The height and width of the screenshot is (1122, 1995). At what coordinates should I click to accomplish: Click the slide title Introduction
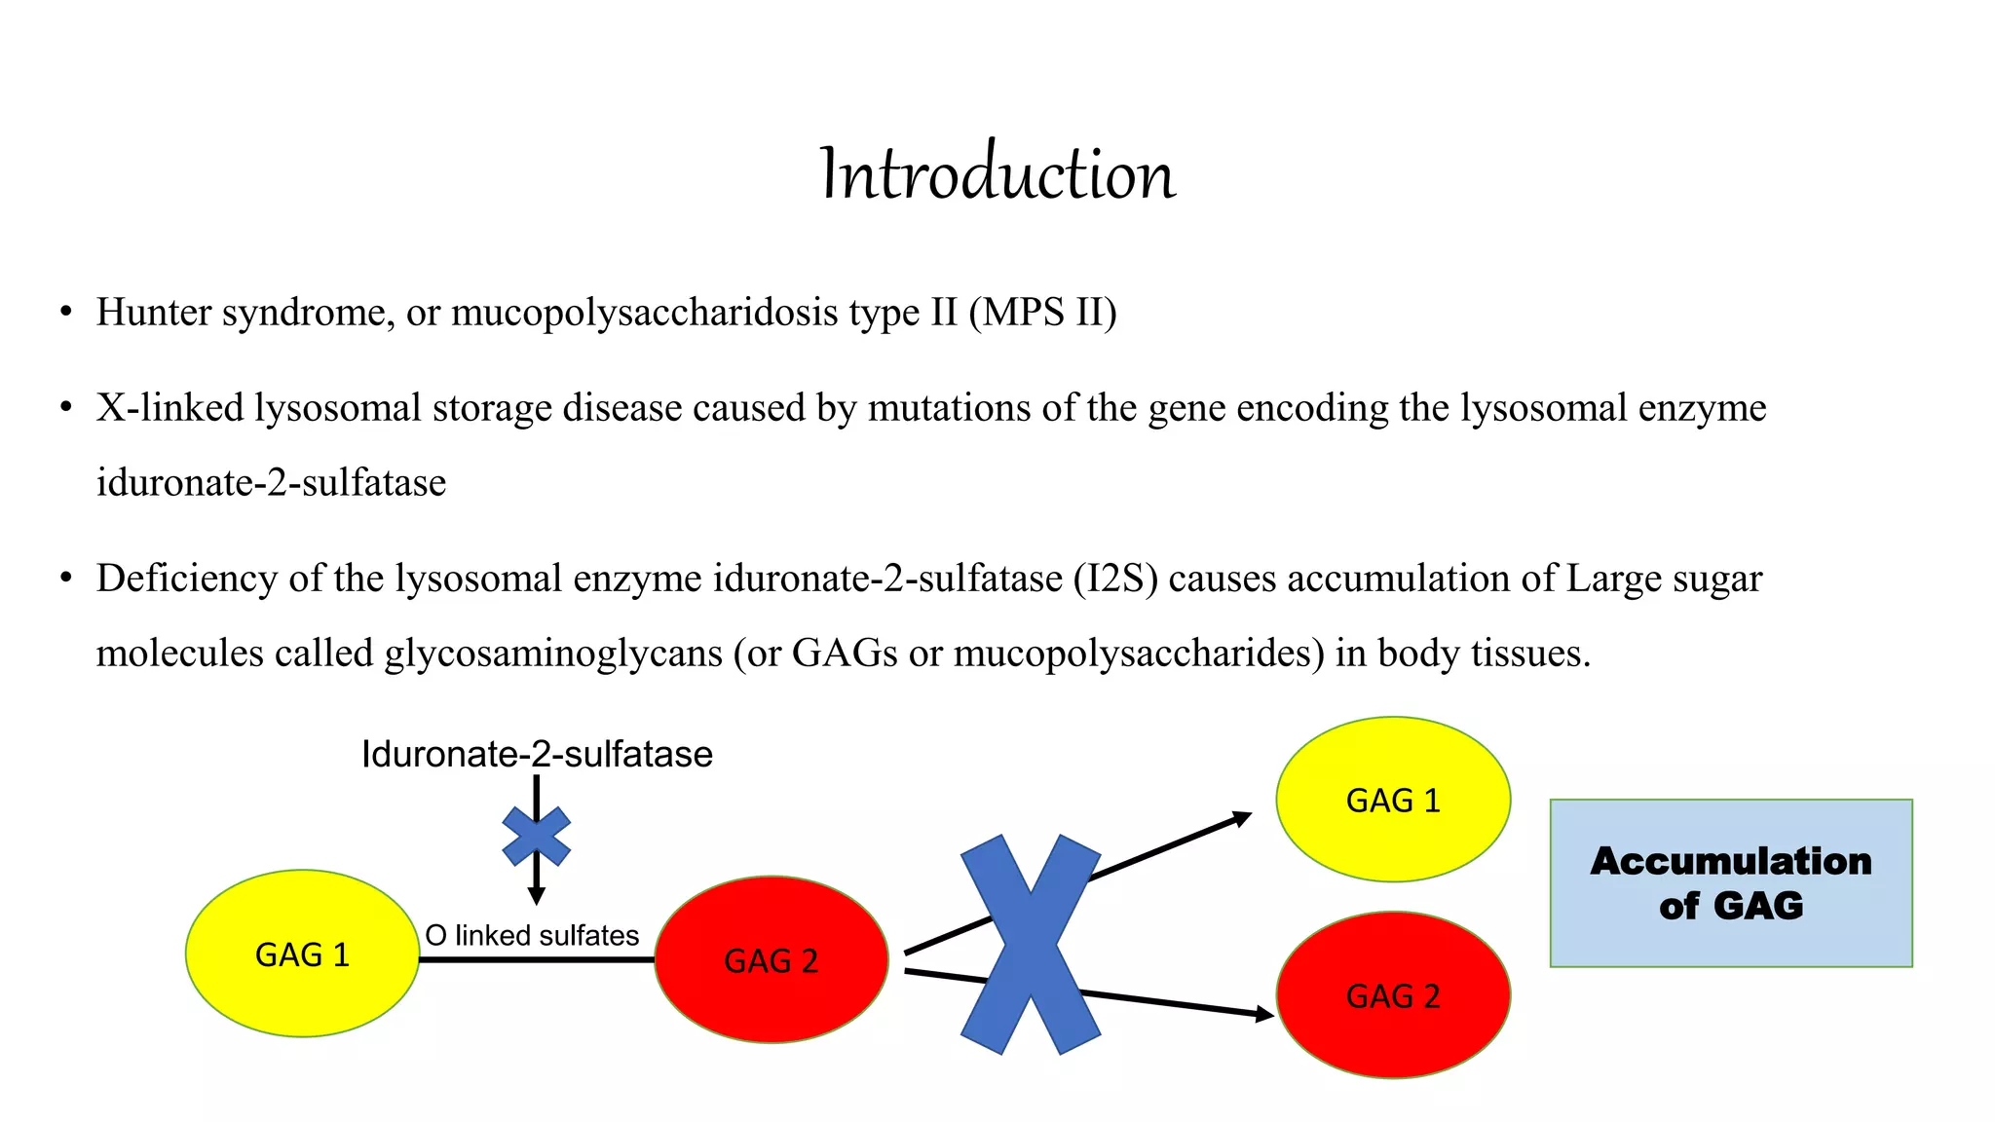click(997, 174)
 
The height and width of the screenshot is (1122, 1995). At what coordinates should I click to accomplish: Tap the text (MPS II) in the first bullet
click(1042, 313)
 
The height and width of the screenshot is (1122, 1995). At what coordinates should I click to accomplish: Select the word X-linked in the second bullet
click(169, 408)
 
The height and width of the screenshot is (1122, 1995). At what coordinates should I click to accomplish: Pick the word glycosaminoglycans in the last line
click(553, 653)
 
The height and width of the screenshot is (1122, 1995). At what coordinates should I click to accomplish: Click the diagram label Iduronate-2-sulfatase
click(537, 755)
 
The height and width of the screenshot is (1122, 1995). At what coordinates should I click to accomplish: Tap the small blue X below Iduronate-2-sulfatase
click(536, 837)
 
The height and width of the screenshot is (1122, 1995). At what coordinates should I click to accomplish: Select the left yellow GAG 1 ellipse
click(302, 954)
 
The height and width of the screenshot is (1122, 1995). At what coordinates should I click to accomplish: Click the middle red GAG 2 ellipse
click(771, 960)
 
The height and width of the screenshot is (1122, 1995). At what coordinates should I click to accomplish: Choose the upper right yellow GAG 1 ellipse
click(1393, 800)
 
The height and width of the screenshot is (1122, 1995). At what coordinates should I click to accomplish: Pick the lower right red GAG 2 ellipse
click(1393, 995)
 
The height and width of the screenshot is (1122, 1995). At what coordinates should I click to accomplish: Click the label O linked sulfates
click(532, 936)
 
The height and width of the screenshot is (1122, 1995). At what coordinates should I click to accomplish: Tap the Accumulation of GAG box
click(1731, 882)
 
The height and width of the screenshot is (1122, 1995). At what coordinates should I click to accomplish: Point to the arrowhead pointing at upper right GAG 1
click(1242, 817)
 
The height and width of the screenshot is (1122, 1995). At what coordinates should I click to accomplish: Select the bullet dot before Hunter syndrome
click(65, 313)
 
